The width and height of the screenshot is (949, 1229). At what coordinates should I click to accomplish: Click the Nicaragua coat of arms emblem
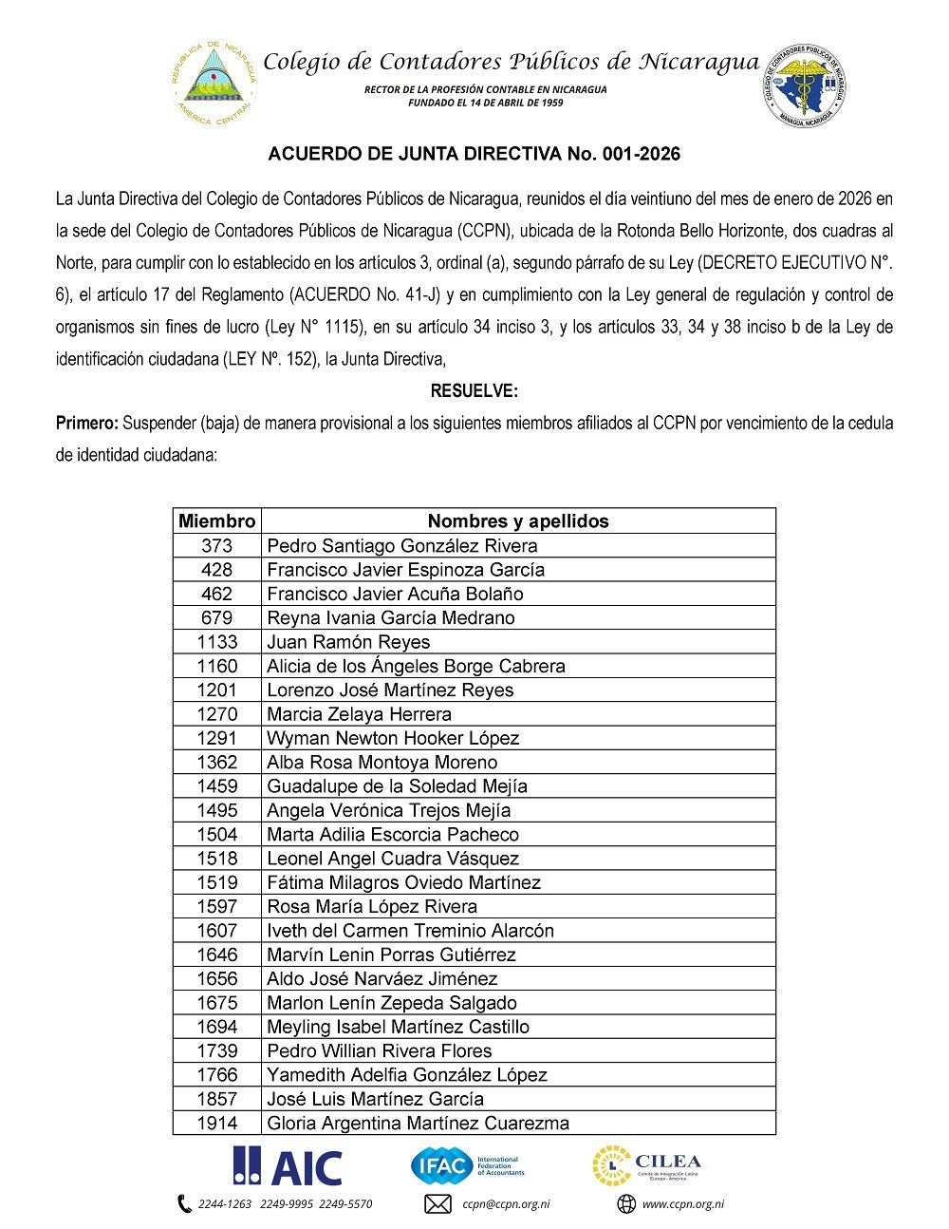point(214,83)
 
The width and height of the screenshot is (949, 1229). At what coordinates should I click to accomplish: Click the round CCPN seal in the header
point(806,84)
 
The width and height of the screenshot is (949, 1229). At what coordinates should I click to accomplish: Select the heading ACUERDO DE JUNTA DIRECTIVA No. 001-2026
point(474,154)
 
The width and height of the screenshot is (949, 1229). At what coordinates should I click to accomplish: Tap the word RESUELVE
point(474,391)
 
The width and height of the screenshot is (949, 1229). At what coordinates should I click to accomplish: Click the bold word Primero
point(86,424)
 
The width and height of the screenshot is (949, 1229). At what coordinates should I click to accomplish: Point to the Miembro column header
point(216,520)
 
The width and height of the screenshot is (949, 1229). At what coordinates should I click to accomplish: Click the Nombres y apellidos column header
point(518,520)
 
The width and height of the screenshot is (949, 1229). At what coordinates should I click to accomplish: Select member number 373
point(216,545)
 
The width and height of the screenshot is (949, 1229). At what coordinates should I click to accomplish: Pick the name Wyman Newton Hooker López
point(393,738)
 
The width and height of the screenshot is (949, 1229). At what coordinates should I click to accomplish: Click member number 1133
point(216,642)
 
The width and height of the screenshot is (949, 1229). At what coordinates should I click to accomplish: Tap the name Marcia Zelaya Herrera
point(359,714)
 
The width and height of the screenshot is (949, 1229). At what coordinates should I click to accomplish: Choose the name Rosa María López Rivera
point(372,906)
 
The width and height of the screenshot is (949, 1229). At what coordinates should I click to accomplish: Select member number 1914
point(216,1123)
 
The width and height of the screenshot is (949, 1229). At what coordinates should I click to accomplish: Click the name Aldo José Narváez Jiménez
point(381,978)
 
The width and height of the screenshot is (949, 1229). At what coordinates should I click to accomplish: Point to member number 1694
point(216,1027)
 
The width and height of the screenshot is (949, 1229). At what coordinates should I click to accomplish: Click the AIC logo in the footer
point(288,1166)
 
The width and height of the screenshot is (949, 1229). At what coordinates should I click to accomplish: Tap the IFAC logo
point(467,1165)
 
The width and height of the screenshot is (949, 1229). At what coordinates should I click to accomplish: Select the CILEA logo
point(646,1166)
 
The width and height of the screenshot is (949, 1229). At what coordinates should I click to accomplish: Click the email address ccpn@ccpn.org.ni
point(506,1204)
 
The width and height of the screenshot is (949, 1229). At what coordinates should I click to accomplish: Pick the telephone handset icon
point(184,1204)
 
